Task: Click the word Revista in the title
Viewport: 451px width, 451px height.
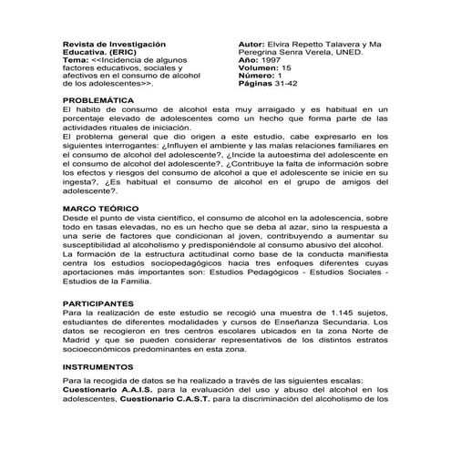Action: point(78,43)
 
